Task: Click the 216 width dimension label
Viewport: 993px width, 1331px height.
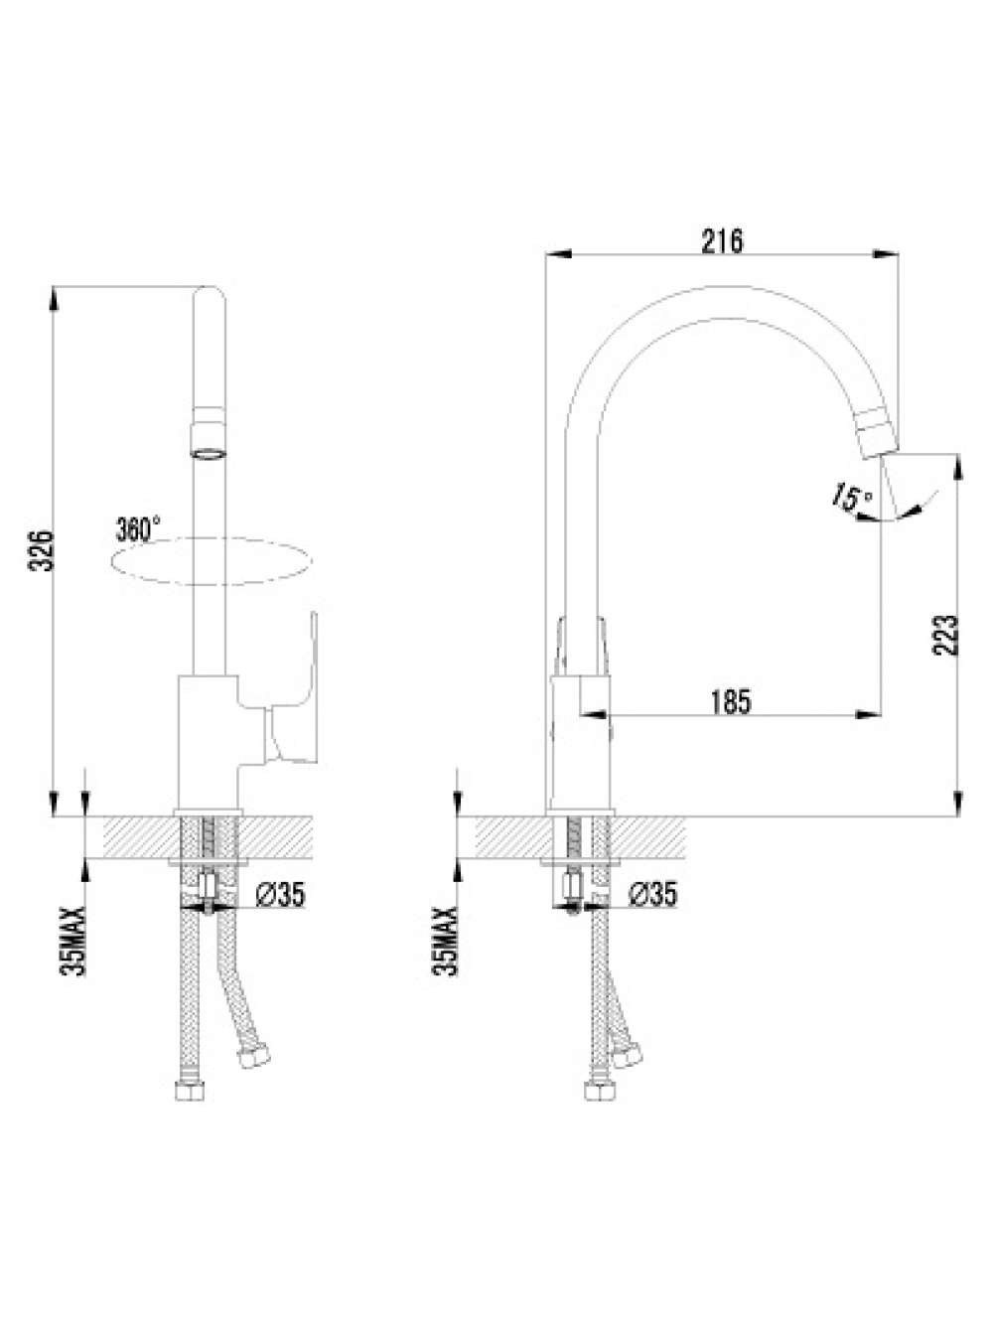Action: click(721, 241)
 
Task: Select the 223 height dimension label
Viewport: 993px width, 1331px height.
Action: click(945, 635)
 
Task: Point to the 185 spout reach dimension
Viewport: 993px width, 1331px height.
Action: click(731, 702)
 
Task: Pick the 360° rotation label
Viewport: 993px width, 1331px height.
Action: click(138, 528)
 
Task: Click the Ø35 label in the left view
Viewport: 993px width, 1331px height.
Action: click(280, 894)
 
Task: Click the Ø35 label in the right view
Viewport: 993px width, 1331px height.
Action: click(652, 894)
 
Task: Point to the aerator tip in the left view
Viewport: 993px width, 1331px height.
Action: click(208, 452)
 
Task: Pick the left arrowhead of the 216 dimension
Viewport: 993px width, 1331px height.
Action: click(558, 254)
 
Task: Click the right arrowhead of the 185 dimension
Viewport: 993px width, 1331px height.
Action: click(868, 715)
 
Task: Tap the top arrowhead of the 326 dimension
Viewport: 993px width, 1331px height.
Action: click(55, 298)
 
